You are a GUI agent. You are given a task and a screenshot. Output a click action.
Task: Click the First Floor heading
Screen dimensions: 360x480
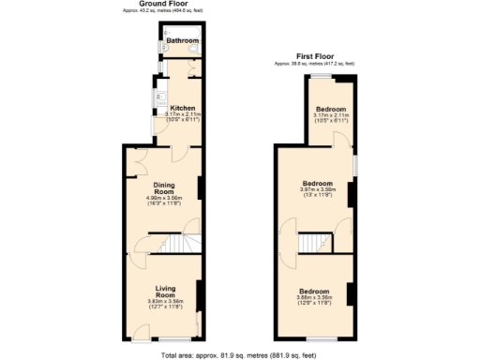click(315, 57)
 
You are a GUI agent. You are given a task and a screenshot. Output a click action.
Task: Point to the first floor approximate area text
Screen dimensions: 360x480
click(315, 64)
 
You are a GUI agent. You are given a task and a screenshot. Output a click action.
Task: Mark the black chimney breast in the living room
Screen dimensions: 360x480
click(199, 292)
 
